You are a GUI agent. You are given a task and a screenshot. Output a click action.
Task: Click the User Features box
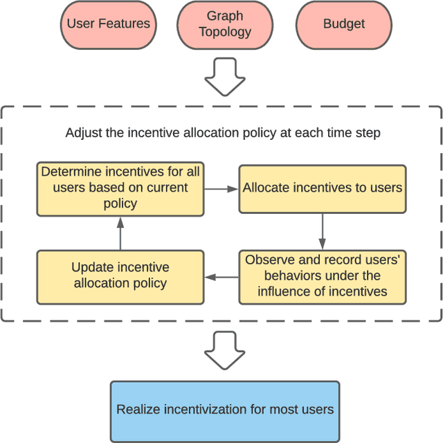108,24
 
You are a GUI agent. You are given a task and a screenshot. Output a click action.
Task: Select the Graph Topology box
225,24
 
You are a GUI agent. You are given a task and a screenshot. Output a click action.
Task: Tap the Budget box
343,24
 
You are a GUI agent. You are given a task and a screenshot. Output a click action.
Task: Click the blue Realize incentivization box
225,409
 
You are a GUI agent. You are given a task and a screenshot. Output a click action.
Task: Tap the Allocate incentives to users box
323,188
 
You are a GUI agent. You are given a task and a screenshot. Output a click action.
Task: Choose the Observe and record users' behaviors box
323,276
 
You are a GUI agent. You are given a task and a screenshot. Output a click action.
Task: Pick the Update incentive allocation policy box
120,275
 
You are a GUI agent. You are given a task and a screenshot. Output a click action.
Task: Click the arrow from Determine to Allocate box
221,188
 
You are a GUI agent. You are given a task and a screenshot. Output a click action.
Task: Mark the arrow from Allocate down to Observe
323,230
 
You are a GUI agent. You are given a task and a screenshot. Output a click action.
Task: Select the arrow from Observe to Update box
221,277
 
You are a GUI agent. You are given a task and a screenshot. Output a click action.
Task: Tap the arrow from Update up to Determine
120,232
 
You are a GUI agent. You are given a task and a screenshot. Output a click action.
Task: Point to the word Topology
225,32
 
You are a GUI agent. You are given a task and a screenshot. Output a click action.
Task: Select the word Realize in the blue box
136,409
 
